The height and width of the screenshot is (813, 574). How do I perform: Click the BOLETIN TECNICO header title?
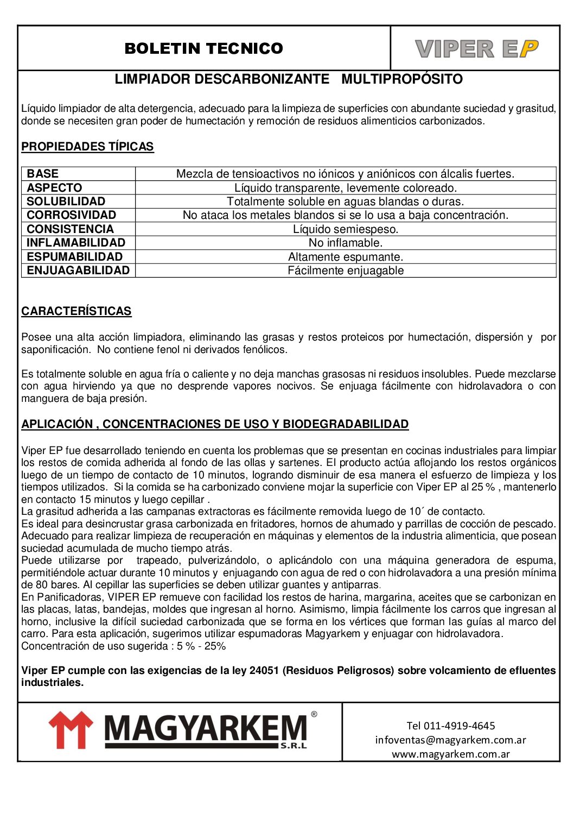[203, 48]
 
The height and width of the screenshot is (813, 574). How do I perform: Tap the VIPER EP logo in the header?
[476, 49]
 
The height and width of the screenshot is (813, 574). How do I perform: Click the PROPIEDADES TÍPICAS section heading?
[87, 147]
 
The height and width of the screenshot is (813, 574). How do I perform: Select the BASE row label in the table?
[43, 174]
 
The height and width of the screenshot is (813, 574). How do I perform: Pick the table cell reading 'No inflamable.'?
[346, 243]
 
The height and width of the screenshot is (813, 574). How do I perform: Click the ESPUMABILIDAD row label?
[75, 257]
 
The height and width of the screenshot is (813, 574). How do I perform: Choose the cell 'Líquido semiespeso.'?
[346, 229]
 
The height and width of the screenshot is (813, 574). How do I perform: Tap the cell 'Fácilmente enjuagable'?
[346, 270]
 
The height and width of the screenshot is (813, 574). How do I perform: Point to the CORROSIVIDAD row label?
[72, 215]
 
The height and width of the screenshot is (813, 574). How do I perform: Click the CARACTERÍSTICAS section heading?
[76, 311]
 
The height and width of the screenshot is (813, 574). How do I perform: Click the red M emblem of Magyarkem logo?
[71, 730]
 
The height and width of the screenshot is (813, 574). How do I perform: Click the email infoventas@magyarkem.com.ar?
[450, 740]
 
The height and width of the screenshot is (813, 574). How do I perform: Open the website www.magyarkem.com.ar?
[451, 754]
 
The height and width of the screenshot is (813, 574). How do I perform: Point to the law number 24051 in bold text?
[264, 671]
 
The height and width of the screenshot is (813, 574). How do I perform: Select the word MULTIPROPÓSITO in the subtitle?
[402, 79]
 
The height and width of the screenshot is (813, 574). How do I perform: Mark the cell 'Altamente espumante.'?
[346, 257]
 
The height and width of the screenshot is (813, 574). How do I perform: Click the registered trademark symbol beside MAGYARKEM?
[314, 714]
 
